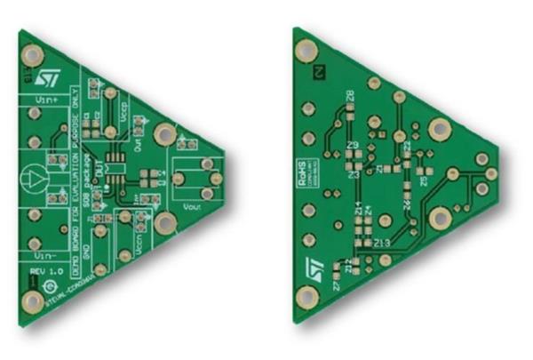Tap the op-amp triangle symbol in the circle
33,178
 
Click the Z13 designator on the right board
382,242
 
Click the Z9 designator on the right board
353,145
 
